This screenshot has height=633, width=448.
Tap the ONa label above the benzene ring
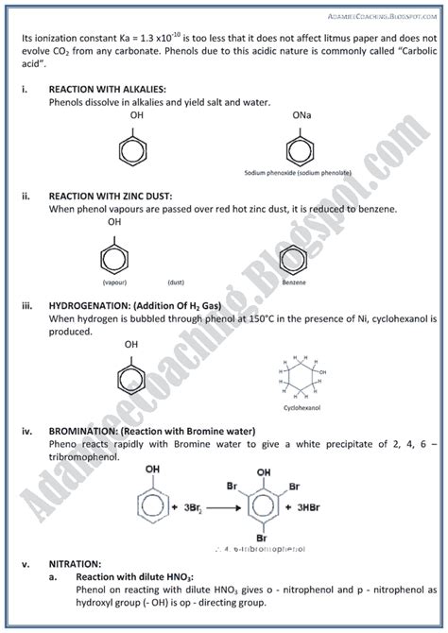pyautogui.click(x=302, y=114)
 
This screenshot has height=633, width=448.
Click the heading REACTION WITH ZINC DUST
pyautogui.click(x=111, y=196)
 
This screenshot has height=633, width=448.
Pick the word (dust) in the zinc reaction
pyautogui.click(x=175, y=282)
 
